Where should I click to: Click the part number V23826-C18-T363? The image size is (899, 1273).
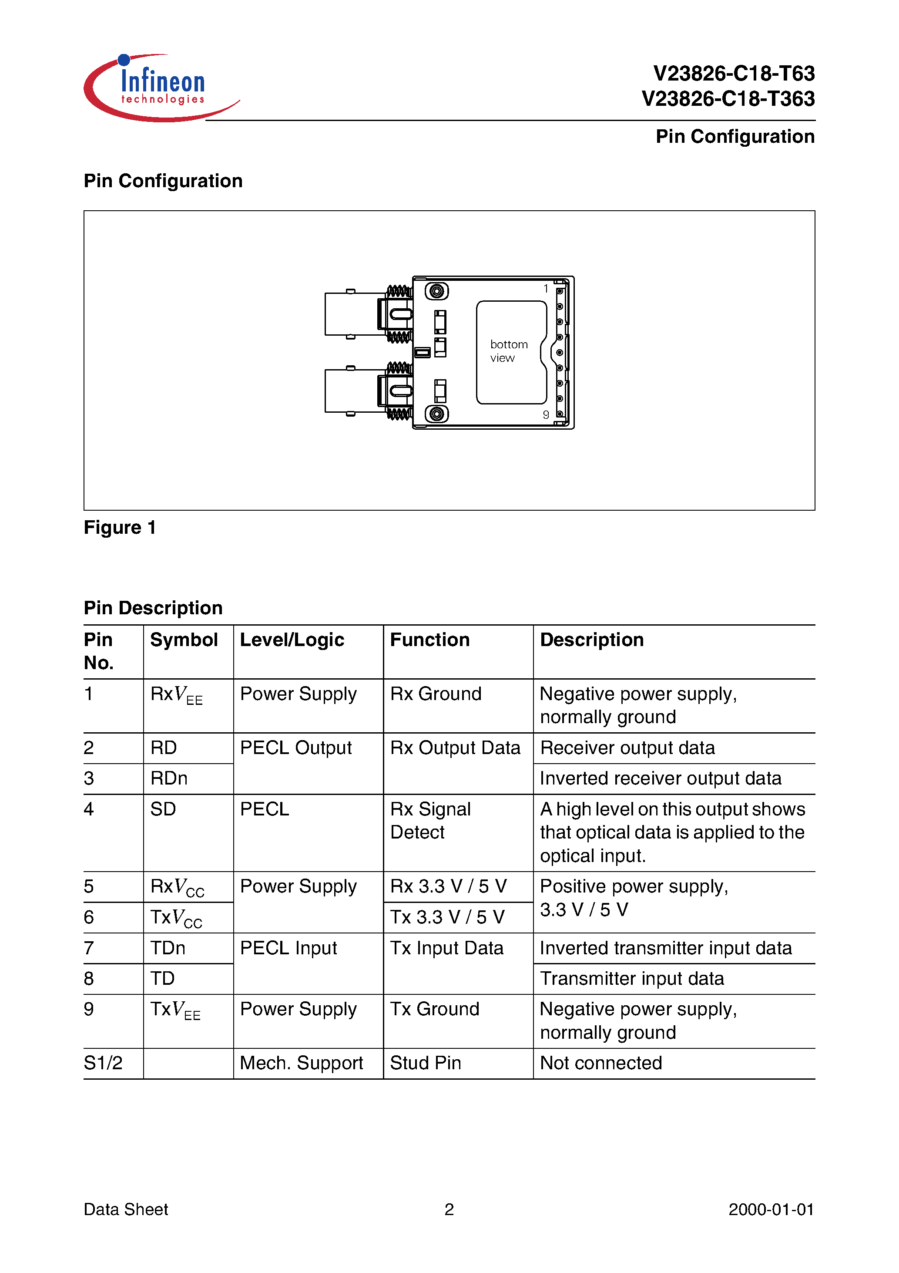click(728, 99)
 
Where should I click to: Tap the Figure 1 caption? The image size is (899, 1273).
click(119, 527)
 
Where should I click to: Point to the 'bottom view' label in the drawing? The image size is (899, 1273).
click(508, 351)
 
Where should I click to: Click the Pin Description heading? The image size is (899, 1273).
click(153, 608)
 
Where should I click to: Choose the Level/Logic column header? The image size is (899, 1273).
click(292, 640)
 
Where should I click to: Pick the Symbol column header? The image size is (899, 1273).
click(184, 640)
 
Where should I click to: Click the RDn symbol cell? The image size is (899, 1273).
click(169, 778)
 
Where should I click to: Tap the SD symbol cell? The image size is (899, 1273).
click(163, 809)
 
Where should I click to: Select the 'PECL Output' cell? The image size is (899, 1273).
click(295, 748)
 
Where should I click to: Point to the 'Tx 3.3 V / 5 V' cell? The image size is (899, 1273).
click(447, 917)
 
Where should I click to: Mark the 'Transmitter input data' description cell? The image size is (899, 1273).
click(632, 979)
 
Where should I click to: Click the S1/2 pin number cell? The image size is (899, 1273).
click(103, 1063)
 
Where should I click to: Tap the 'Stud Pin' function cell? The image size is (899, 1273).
click(425, 1063)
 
